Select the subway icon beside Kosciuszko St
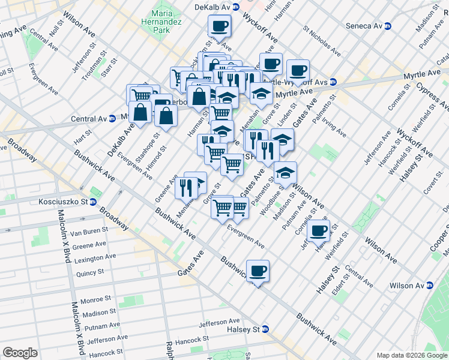(93, 202)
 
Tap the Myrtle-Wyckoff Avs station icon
(333, 82)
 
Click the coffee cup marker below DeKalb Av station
(219, 26)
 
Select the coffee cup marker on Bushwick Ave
(258, 271)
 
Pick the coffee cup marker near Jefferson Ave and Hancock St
(318, 231)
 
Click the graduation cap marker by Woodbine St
(285, 173)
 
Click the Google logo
(20, 353)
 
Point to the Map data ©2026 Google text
(411, 355)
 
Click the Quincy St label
(90, 272)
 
